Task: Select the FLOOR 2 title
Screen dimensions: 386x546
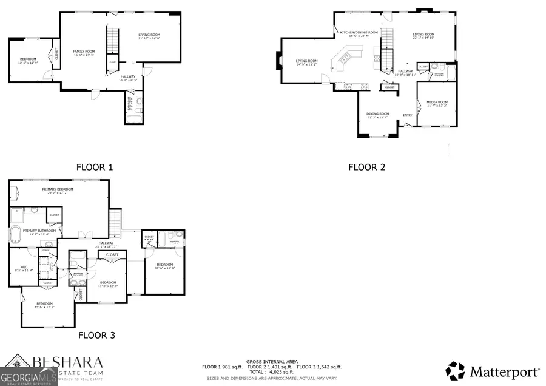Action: [366, 167]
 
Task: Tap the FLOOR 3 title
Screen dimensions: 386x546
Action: [96, 334]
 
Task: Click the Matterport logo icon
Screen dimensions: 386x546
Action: [456, 370]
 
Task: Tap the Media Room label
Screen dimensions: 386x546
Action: [437, 103]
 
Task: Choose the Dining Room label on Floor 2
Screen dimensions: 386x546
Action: [377, 115]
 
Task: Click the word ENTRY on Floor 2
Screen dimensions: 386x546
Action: [408, 115]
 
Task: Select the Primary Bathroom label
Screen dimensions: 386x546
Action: [39, 231]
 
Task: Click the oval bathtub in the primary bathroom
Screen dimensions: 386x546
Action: [15, 234]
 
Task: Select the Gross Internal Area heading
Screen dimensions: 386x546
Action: [272, 361]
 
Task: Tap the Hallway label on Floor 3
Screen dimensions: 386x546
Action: [106, 244]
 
